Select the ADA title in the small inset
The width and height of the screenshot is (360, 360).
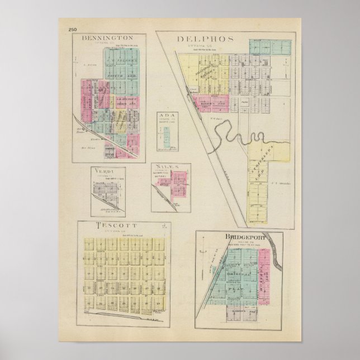pos(167,116)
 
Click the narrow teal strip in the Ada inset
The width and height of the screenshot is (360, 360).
pos(166,137)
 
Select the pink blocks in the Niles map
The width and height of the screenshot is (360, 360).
pos(179,181)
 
